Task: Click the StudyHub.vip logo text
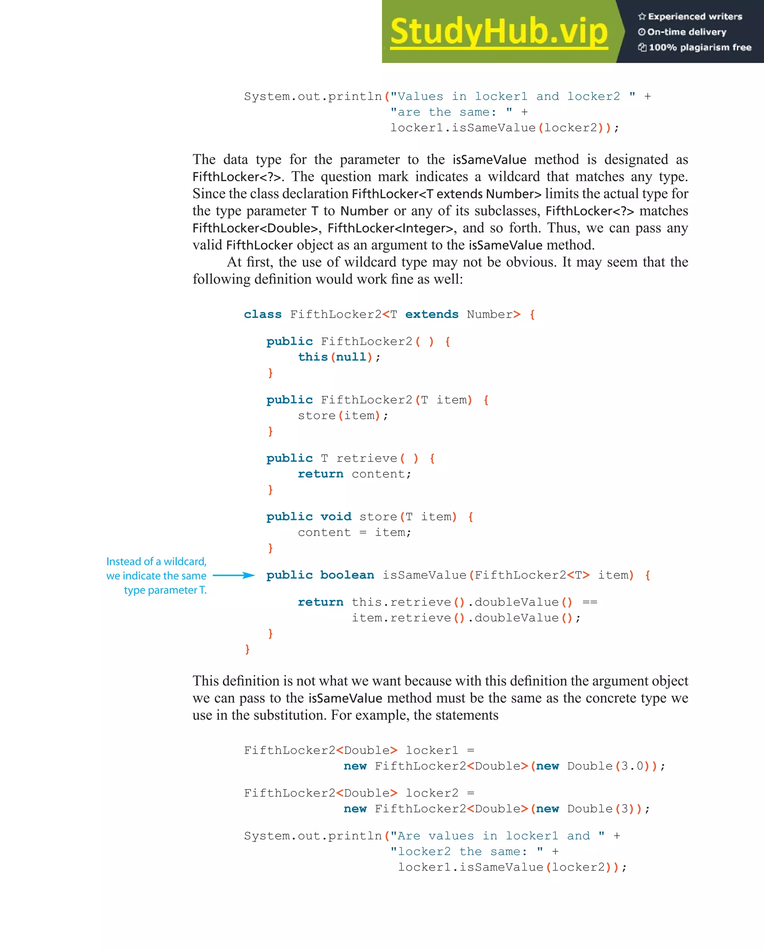(498, 32)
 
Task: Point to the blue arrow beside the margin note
(234, 575)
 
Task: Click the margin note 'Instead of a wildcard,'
(156, 562)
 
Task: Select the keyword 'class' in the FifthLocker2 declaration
(263, 314)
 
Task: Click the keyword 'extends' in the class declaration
(432, 314)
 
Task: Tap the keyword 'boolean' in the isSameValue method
(347, 575)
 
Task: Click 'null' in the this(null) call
(351, 357)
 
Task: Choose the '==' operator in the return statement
(590, 602)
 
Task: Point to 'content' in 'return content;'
(378, 474)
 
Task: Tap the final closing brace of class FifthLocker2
(247, 649)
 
